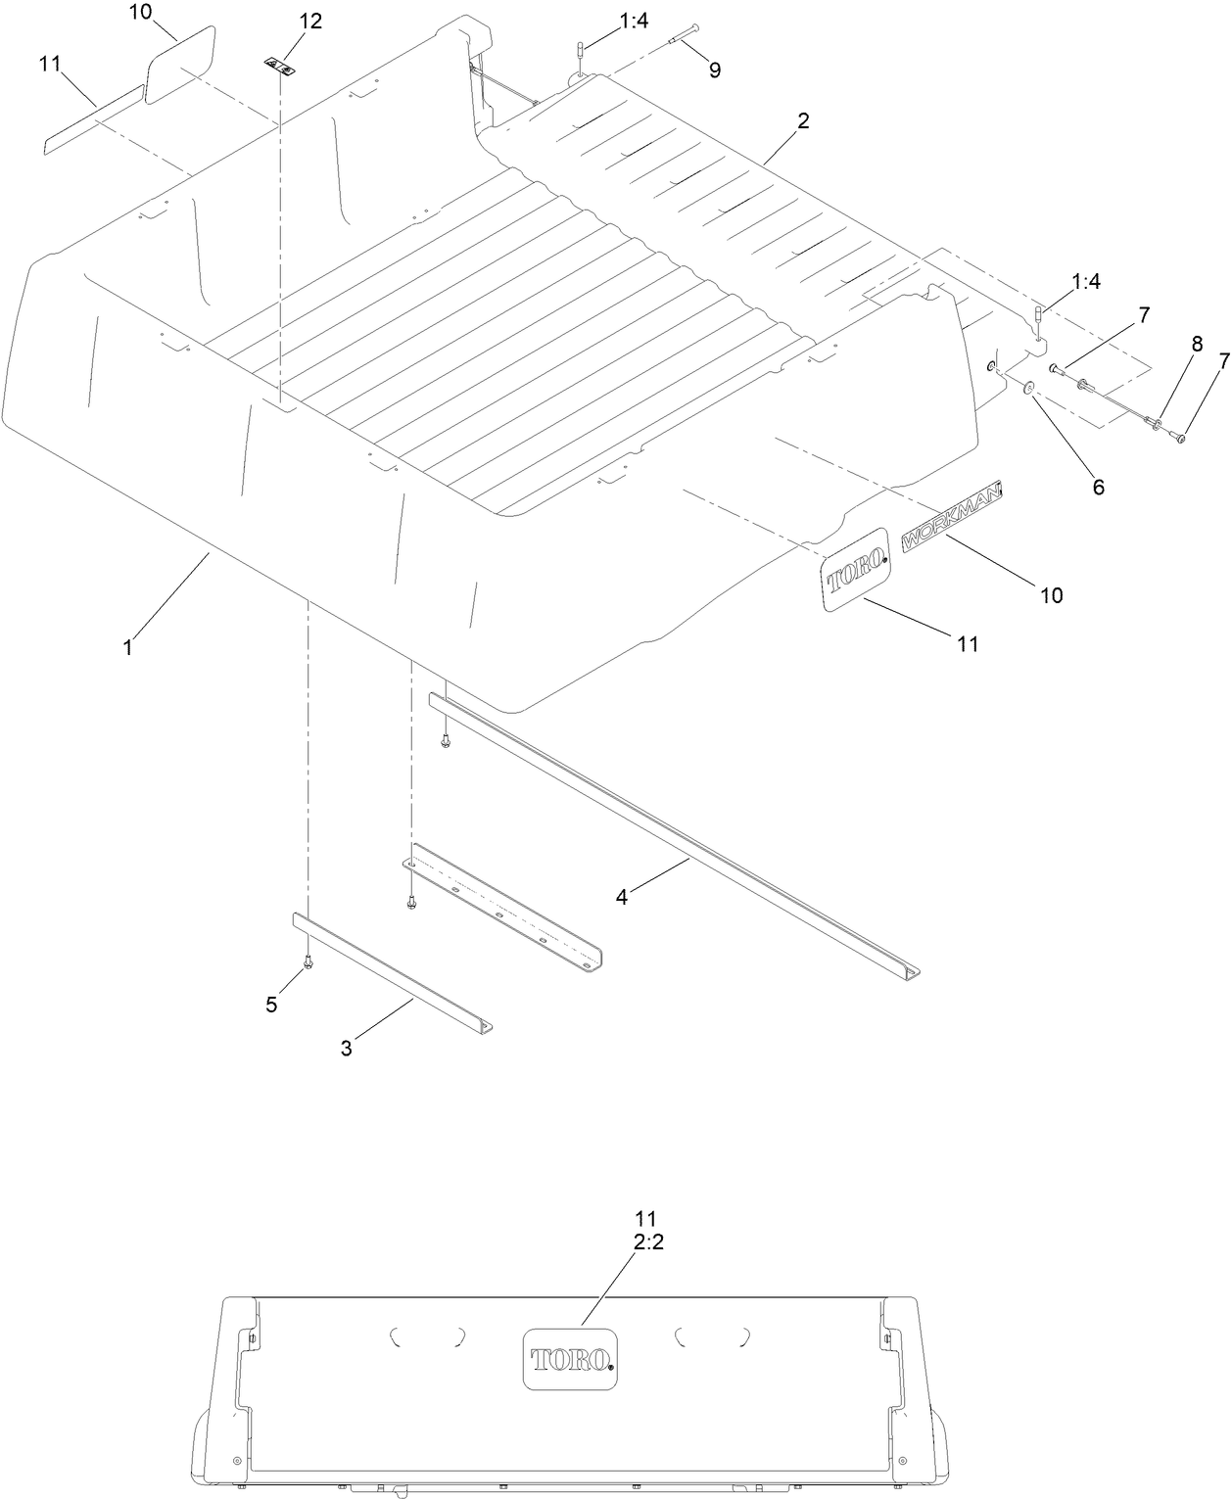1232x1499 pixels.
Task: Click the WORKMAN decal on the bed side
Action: (952, 514)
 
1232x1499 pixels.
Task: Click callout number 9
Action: (714, 70)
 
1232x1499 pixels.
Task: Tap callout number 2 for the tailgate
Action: (803, 121)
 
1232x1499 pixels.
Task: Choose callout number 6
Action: (1098, 487)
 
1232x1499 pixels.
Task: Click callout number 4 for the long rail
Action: (621, 895)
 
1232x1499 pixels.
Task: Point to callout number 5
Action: (272, 1004)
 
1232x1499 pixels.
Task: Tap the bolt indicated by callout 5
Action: (308, 963)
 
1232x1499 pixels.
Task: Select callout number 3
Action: (346, 1048)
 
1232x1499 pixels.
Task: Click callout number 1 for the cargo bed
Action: (127, 647)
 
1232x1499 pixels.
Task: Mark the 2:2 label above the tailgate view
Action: (643, 1240)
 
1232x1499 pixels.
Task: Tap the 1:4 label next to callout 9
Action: (634, 21)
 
